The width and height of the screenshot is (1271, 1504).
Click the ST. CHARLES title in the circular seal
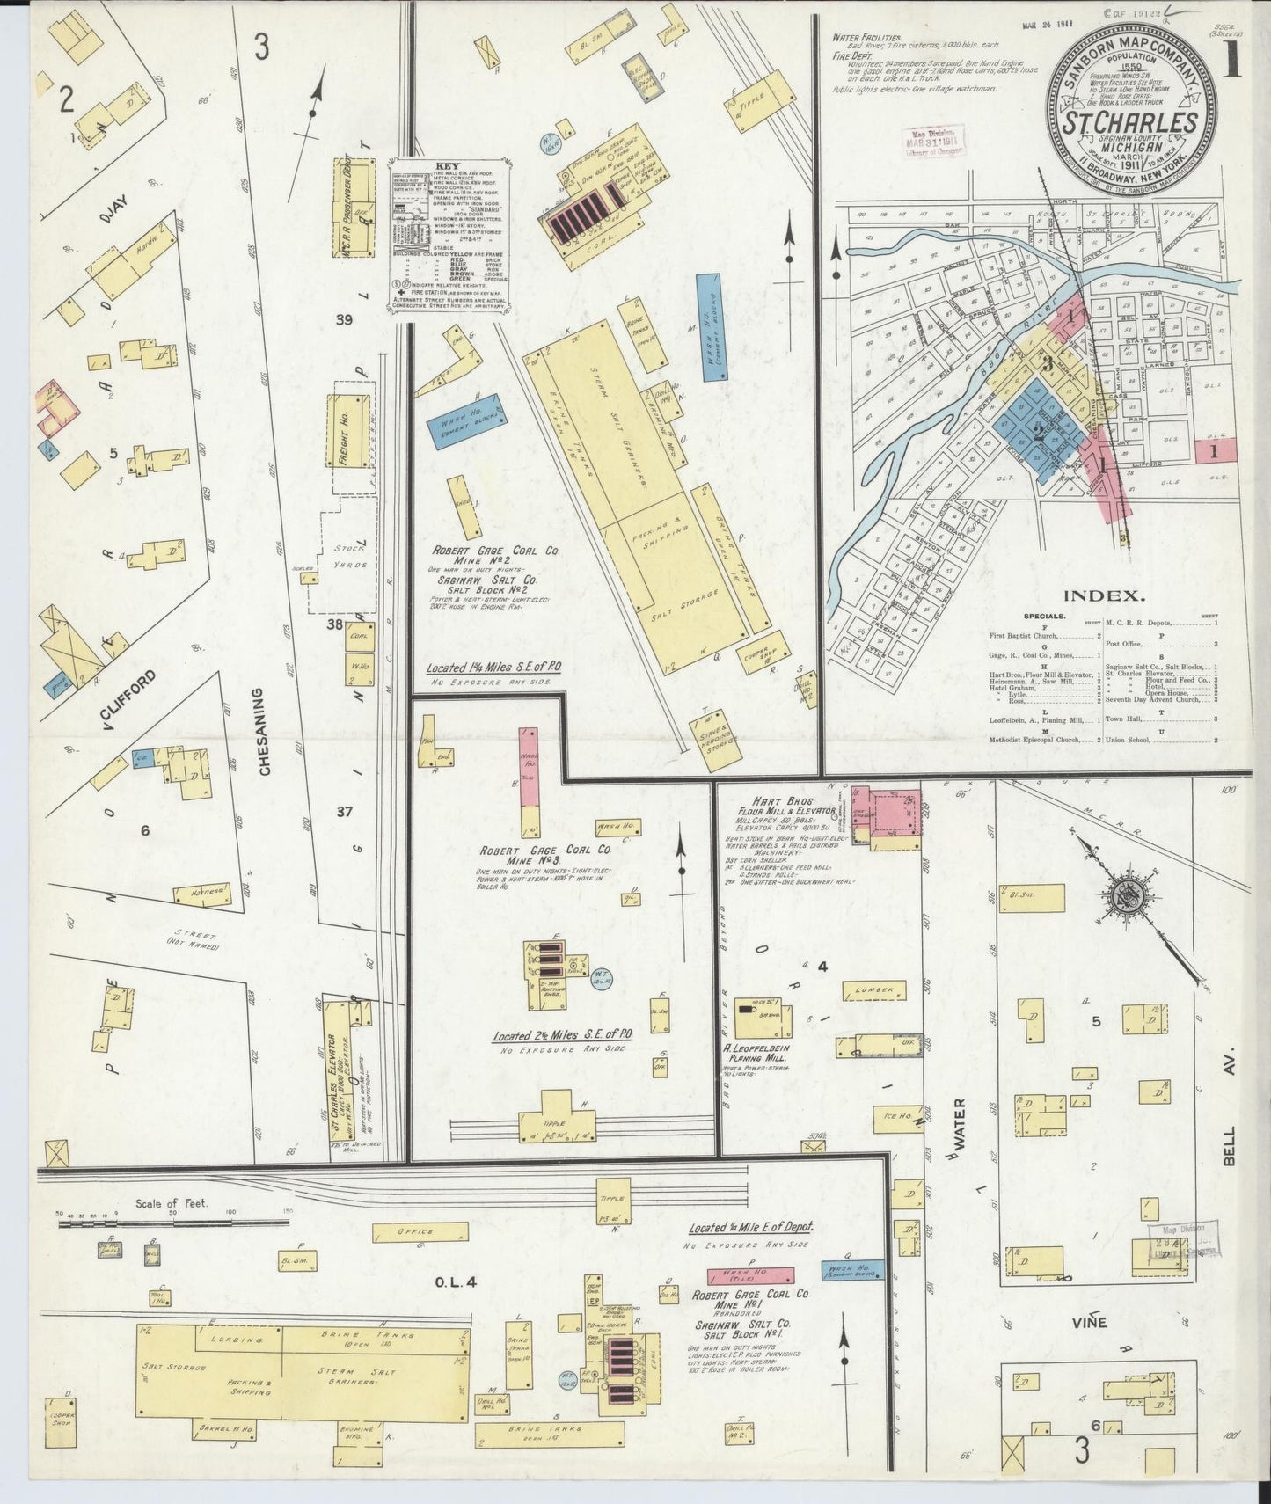(x=1132, y=122)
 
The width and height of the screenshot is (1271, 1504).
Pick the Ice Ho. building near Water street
(x=899, y=1117)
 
